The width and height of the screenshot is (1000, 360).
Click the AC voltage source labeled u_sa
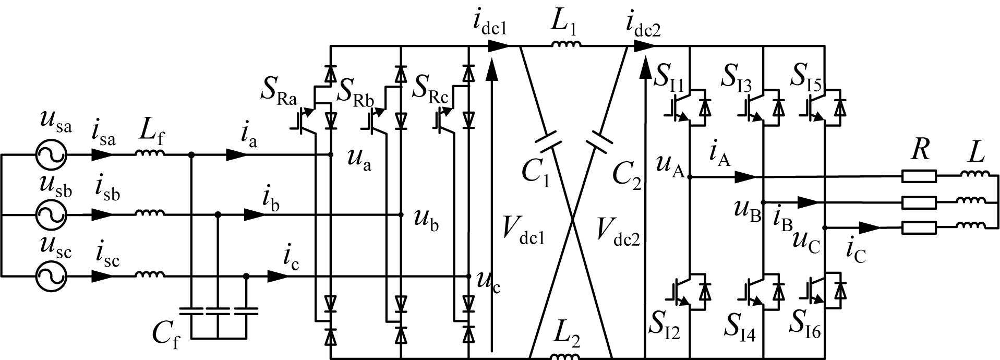(52, 155)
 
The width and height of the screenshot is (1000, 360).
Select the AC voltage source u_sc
(52, 277)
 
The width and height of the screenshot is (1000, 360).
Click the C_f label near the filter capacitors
(166, 334)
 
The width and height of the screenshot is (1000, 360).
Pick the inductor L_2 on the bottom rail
(565, 356)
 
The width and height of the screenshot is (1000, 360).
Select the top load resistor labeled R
(919, 177)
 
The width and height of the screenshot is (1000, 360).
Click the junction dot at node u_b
(401, 214)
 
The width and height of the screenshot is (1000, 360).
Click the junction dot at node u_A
(690, 177)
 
